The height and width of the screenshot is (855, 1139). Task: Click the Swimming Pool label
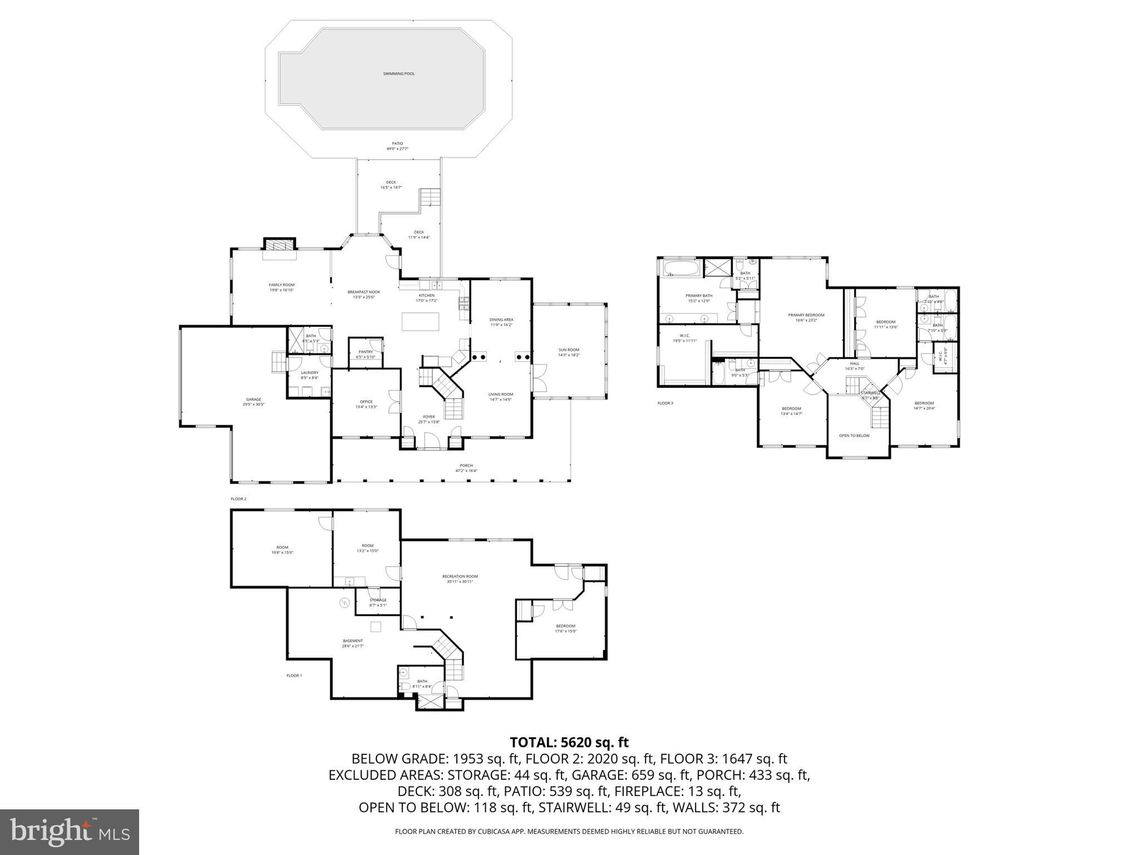click(x=398, y=73)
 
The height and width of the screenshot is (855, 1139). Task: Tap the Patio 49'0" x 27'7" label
click(x=397, y=146)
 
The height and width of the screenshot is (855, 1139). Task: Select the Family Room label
click(x=281, y=287)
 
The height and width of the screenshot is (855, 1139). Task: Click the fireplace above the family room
click(x=279, y=245)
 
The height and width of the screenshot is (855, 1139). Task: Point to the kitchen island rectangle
click(x=420, y=322)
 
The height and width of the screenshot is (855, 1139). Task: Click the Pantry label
click(x=366, y=354)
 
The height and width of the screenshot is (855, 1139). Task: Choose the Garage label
click(x=253, y=401)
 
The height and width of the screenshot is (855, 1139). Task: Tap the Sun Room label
click(x=569, y=352)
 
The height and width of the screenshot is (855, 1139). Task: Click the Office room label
click(x=366, y=404)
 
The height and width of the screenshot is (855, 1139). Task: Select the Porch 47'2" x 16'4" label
click(x=466, y=468)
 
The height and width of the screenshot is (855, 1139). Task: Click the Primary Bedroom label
click(x=806, y=317)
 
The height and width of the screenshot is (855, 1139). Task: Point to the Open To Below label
click(x=854, y=435)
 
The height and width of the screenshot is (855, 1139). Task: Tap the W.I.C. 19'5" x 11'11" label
click(x=684, y=337)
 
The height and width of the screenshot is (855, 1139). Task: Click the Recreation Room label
click(x=460, y=578)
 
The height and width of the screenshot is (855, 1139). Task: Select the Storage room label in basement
click(x=378, y=602)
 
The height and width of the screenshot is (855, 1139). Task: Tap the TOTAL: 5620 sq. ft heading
click(x=569, y=742)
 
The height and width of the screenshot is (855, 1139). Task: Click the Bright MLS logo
click(x=70, y=832)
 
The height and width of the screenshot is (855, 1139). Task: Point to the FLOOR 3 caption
click(x=665, y=403)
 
